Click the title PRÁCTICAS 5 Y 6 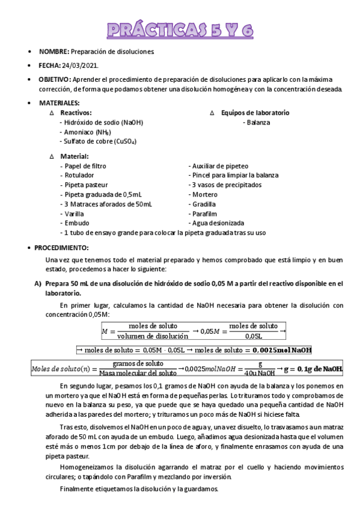(x=180, y=31)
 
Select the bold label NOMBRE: (x=54, y=52)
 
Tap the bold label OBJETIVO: (x=54, y=79)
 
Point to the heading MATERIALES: (x=59, y=103)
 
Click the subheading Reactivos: (x=76, y=113)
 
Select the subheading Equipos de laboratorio (x=255, y=113)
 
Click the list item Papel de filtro (x=84, y=165)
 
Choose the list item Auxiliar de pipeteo (x=218, y=165)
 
